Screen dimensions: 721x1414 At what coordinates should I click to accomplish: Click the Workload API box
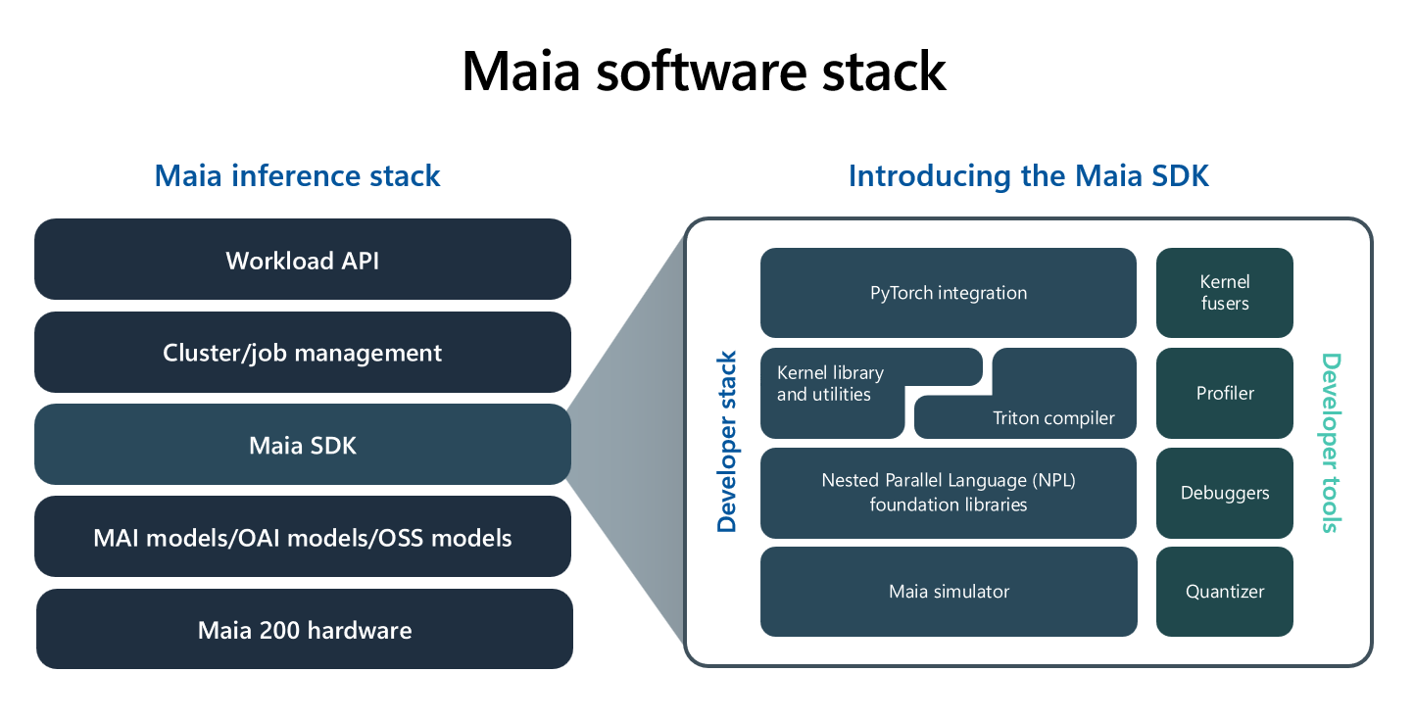coord(302,260)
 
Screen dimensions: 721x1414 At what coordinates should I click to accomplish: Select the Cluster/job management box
coord(302,352)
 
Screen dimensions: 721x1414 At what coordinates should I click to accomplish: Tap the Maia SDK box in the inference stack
coord(302,445)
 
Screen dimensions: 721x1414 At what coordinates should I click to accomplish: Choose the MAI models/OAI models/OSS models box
coord(302,537)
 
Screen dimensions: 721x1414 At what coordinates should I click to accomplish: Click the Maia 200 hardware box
coord(304,629)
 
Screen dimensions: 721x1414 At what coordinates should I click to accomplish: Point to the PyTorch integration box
coord(948,292)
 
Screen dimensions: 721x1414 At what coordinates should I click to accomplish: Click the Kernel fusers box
coord(1224,293)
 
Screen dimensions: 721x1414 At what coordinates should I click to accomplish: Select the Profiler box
coord(1224,393)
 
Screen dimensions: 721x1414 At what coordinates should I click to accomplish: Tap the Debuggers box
coord(1224,493)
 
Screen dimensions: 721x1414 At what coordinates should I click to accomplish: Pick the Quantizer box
coord(1224,592)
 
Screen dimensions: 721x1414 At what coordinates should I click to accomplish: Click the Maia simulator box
coord(948,592)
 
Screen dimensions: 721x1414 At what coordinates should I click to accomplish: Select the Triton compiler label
coord(1052,418)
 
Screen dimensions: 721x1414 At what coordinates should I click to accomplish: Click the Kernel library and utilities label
coord(830,384)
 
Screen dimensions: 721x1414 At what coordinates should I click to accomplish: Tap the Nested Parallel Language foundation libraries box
coord(948,493)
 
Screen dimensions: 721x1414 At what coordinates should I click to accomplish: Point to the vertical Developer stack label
coord(726,442)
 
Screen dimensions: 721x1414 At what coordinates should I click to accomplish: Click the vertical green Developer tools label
coord(1330,443)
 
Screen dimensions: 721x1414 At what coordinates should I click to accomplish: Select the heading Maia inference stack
coord(297,176)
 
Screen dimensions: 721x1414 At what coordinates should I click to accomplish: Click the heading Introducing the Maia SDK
coord(1028,176)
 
